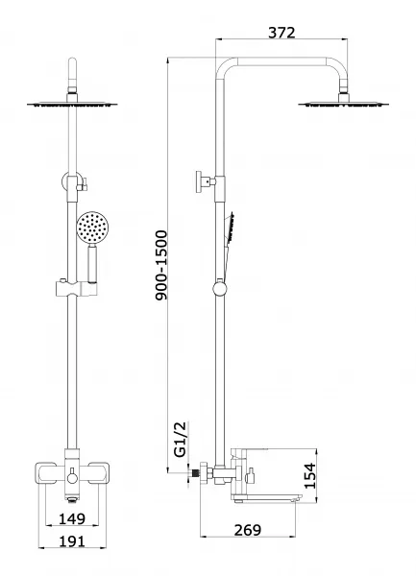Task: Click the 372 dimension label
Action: point(281,33)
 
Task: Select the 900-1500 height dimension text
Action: point(161,265)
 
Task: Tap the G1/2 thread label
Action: point(181,440)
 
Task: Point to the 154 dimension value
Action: point(310,476)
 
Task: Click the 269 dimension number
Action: point(248,530)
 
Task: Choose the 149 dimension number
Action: point(72,518)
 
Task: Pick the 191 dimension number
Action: point(72,541)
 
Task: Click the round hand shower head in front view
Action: point(91,227)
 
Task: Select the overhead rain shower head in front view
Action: point(72,105)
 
